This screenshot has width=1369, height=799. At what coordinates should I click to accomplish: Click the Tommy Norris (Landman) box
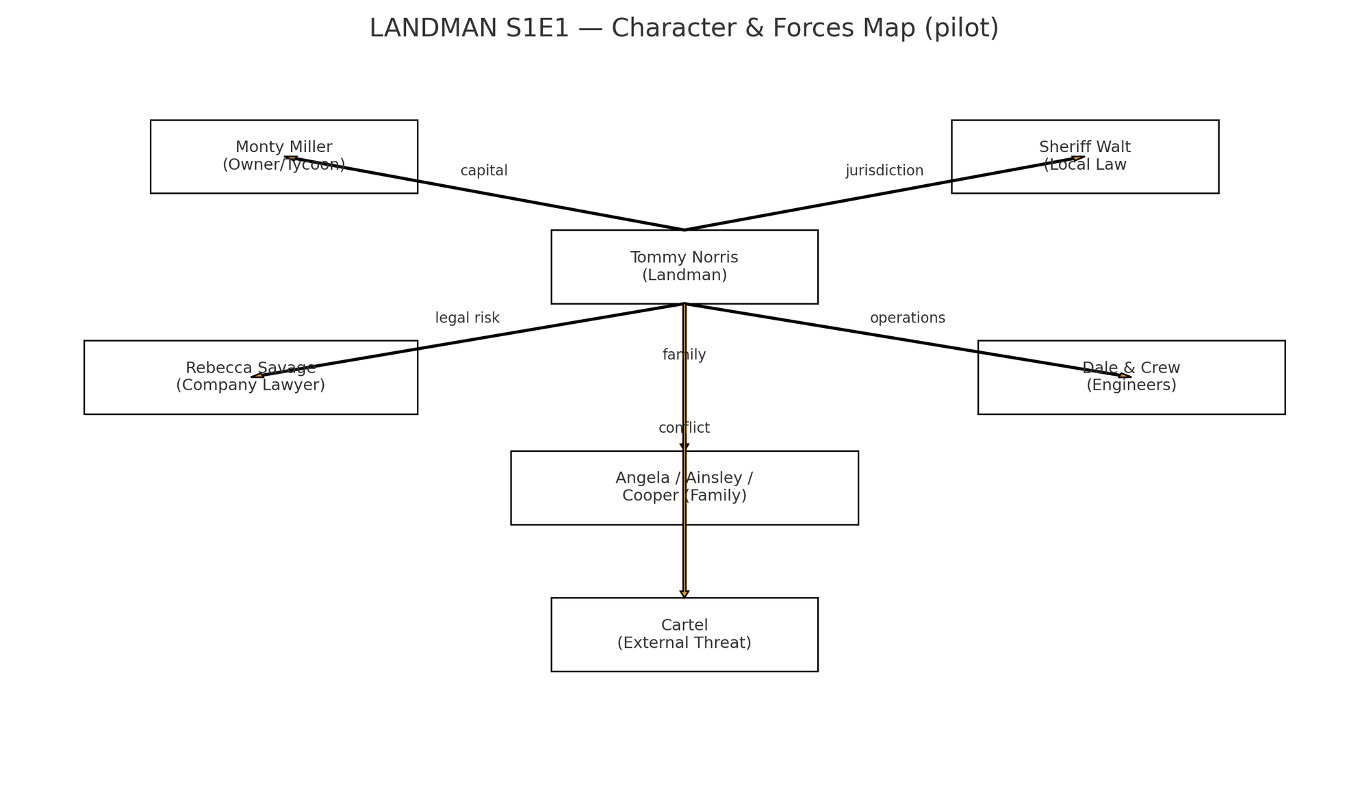(x=684, y=267)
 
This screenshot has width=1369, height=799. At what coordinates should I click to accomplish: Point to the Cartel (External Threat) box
(x=684, y=635)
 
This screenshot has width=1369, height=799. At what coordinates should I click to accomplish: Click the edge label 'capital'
(x=484, y=170)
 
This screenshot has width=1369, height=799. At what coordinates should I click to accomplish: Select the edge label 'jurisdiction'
(x=884, y=170)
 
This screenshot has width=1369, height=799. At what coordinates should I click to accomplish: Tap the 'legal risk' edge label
(x=468, y=318)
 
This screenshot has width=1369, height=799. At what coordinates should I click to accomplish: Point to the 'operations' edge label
(x=908, y=318)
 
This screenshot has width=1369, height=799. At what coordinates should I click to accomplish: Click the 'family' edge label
(x=684, y=355)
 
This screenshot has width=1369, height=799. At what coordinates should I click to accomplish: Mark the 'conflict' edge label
(x=684, y=428)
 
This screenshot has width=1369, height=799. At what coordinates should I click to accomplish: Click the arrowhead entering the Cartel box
(x=684, y=594)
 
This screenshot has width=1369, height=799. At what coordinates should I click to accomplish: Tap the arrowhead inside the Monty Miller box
(x=290, y=158)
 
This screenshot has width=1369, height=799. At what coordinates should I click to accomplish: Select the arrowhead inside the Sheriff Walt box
(x=1079, y=158)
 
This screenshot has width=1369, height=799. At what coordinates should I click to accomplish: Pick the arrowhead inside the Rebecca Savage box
(x=257, y=376)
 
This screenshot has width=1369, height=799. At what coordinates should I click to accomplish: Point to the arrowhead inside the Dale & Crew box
(x=1125, y=376)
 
